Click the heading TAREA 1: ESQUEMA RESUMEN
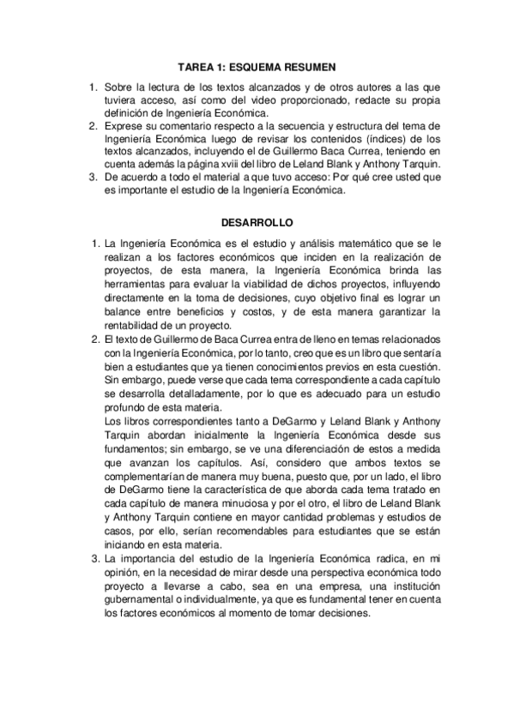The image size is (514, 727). point(257,66)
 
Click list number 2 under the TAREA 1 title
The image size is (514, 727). point(94,126)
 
